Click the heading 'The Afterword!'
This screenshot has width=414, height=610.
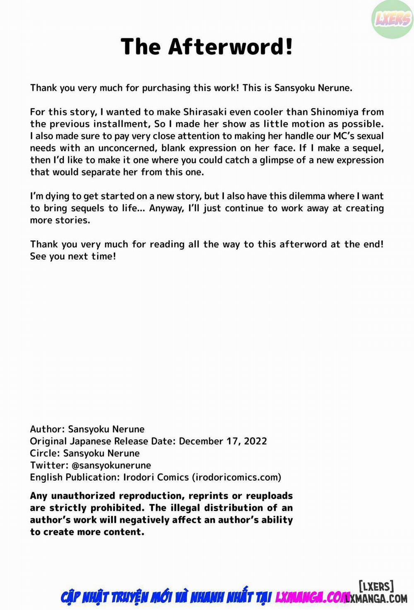pyautogui.click(x=207, y=46)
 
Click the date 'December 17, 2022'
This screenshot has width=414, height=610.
pyautogui.click(x=223, y=441)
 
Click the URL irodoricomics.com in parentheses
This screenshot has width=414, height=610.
pyautogui.click(x=236, y=477)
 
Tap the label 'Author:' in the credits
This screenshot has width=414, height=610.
pyautogui.click(x=47, y=429)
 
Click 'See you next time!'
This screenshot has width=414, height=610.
pyautogui.click(x=73, y=256)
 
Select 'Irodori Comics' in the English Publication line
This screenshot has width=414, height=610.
pyautogui.click(x=156, y=477)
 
